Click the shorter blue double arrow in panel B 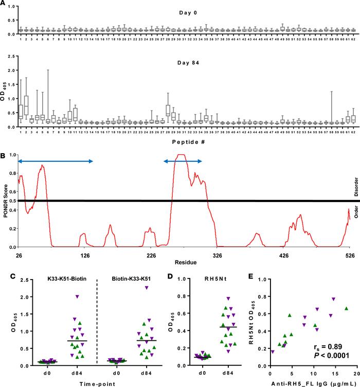(183, 161)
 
